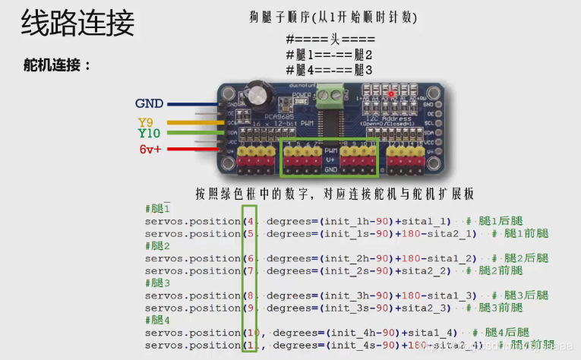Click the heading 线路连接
77,24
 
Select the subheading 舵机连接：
58,65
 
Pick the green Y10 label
149,134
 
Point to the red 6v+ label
150,150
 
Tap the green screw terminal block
330,95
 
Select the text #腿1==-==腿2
329,55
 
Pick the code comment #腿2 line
157,245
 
